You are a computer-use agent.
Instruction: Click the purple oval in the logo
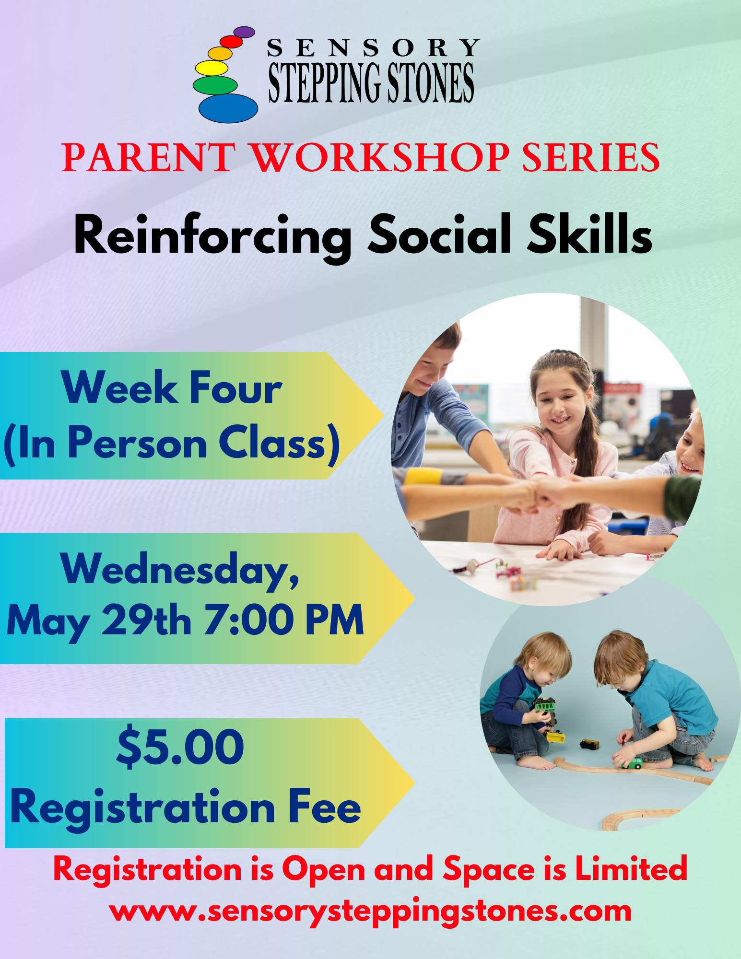click(x=244, y=32)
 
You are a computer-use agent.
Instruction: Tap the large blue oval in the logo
click(x=228, y=108)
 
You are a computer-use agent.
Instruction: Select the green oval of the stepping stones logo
click(x=215, y=85)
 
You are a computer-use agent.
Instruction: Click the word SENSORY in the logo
click(x=373, y=48)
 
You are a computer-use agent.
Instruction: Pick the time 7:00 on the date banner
click(x=249, y=620)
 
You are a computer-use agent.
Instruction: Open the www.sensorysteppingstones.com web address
click(x=370, y=912)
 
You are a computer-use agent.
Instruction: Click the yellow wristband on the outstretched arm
click(x=423, y=477)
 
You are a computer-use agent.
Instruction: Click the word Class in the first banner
click(x=274, y=443)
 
